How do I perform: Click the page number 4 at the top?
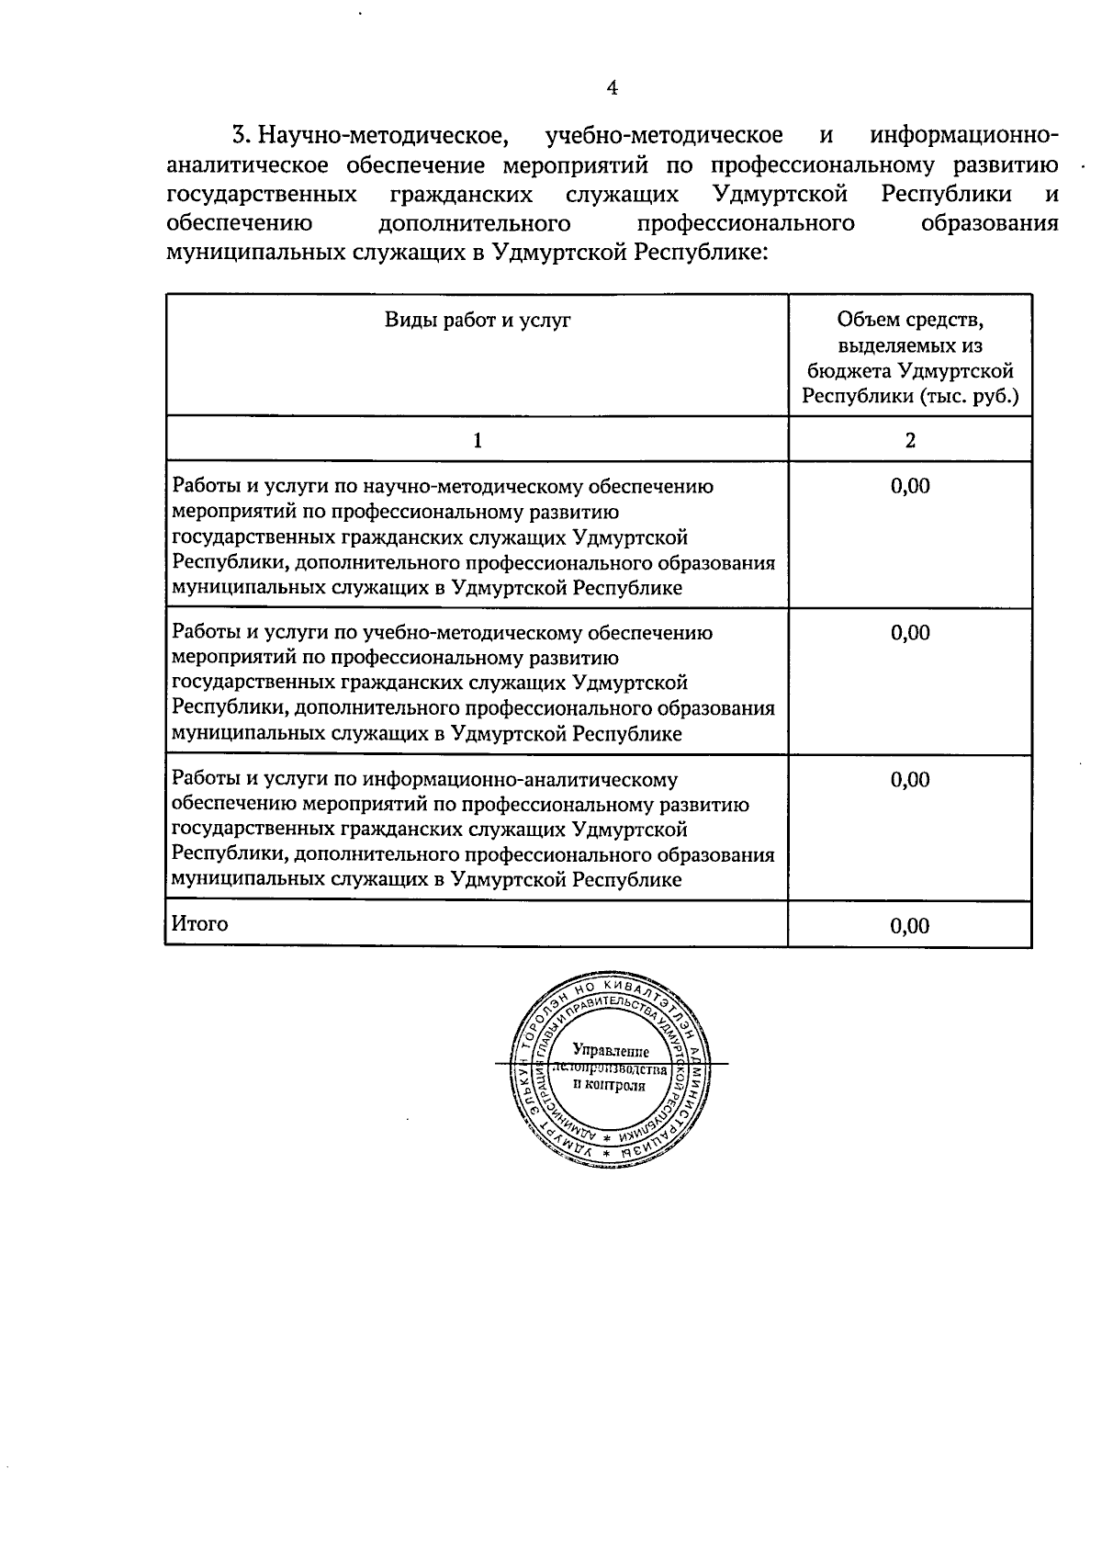point(613,88)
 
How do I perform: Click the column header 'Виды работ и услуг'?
point(478,320)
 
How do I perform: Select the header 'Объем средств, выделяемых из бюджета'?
point(910,357)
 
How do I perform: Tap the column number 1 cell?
point(478,440)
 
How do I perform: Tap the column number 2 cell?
point(910,440)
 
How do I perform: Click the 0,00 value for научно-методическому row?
point(910,486)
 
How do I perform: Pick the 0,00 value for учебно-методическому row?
point(910,633)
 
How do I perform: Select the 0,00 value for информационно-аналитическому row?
point(910,780)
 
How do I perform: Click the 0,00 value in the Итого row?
point(910,926)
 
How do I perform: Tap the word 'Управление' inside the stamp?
point(611,1051)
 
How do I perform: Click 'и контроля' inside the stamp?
point(609,1085)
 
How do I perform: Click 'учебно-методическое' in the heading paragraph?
point(664,136)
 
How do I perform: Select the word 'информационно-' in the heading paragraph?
point(963,136)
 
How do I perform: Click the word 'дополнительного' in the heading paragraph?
point(474,223)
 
